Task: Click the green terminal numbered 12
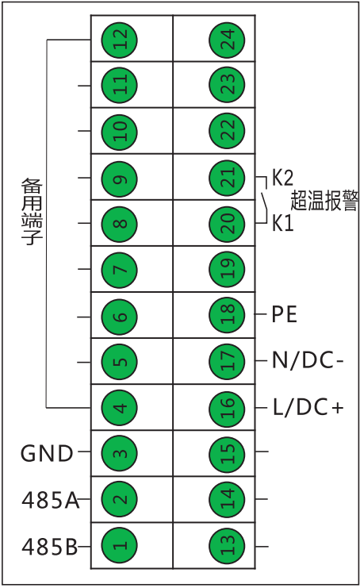pos(120,40)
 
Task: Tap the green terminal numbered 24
pos(227,40)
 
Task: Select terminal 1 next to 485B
pos(120,545)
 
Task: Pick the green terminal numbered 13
pos(227,545)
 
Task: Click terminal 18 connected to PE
pos(227,314)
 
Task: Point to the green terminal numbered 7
pos(120,270)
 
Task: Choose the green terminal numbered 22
pos(227,131)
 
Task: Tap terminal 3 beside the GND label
pos(120,453)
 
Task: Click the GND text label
pos(47,453)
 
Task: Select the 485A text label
pos(51,500)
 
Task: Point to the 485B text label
pos(49,547)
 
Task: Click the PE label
pos(284,314)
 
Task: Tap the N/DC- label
pos(308,360)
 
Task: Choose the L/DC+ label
pos(308,407)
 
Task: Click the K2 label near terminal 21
pos(282,178)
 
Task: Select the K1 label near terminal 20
pos(282,223)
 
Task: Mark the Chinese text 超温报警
pos(324,200)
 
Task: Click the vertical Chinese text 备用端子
pos(32,212)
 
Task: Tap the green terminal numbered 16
pos(227,408)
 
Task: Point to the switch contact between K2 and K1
pos(264,201)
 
